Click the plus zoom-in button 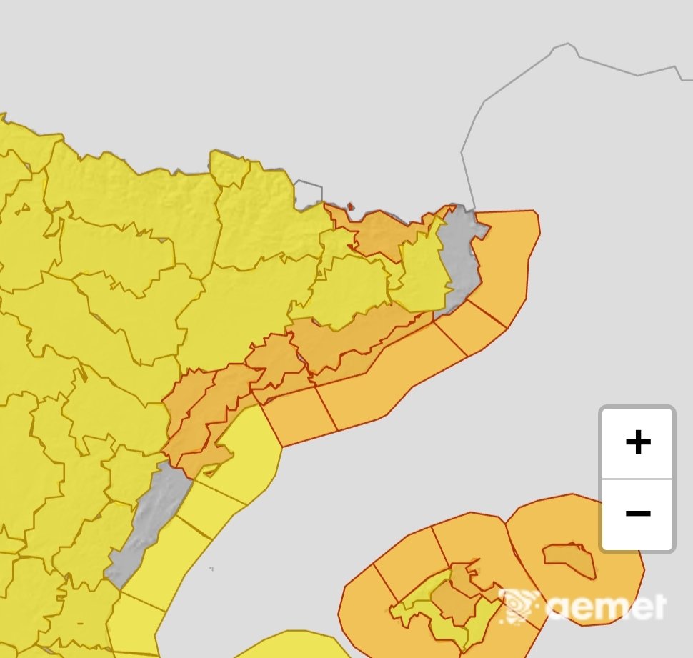click(637, 443)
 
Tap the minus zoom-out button click(637, 513)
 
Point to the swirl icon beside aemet click(520, 606)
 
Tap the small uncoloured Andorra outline click(309, 193)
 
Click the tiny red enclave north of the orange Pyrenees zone click(350, 208)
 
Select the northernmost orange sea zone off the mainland click(507, 257)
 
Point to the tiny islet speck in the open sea click(212, 569)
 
